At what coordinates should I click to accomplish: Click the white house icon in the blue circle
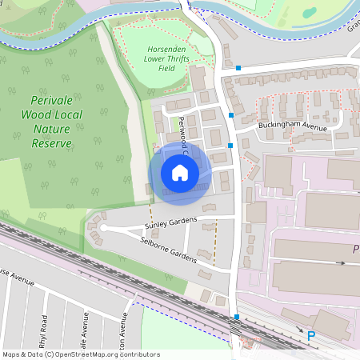(x=180, y=172)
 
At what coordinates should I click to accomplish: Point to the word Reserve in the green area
(x=52, y=144)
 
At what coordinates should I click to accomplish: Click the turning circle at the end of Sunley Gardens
(x=102, y=229)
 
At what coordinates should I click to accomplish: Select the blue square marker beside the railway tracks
(x=236, y=317)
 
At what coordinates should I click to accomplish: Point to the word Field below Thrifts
(x=166, y=68)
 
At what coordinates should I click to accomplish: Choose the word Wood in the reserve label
(x=36, y=115)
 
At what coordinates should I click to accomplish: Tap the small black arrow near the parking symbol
(x=301, y=329)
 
